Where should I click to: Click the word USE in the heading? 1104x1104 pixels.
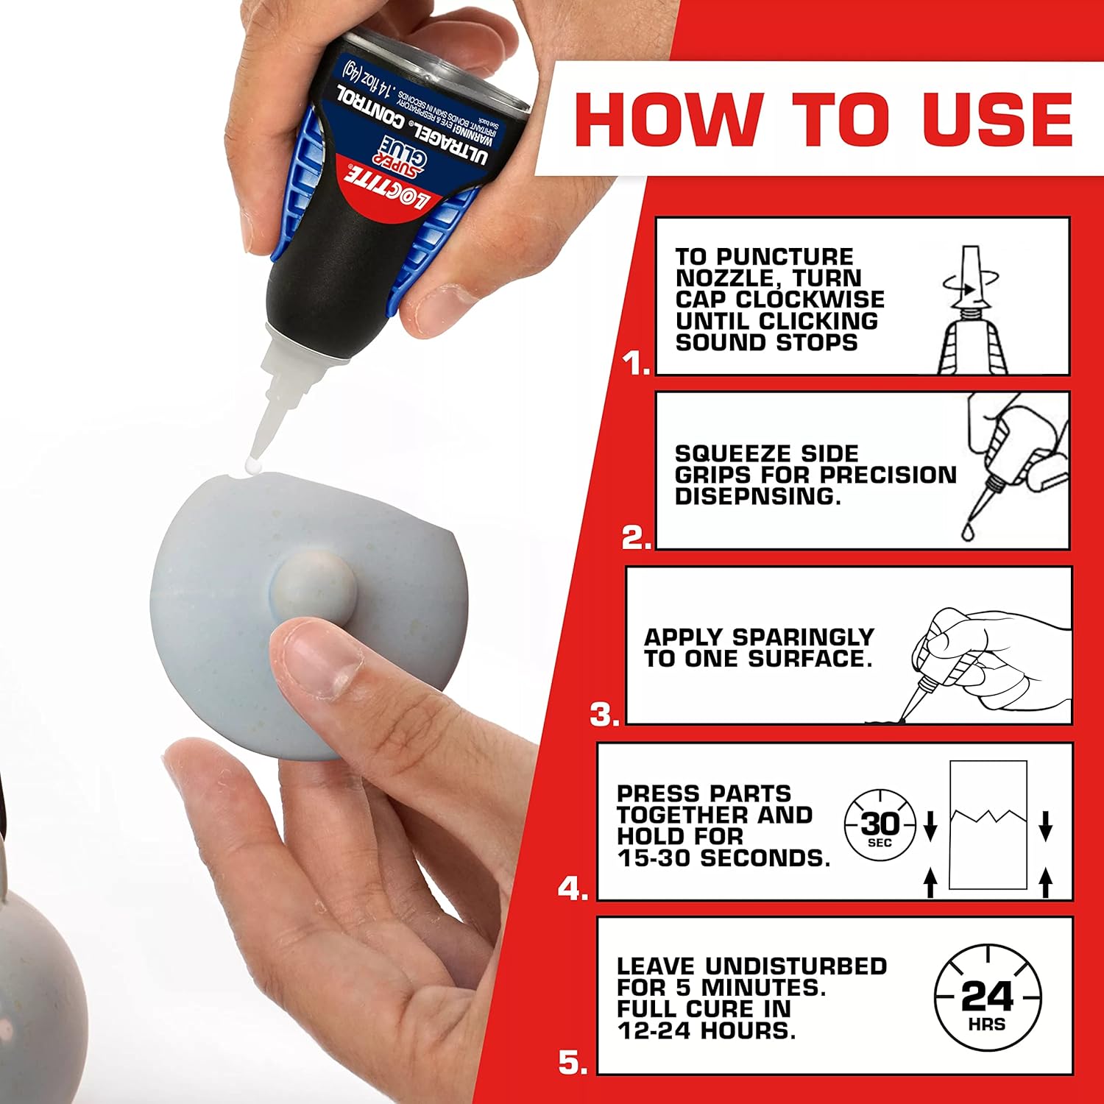pos(997,119)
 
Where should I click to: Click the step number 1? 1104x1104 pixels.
pos(635,363)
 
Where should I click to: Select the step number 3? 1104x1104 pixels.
pos(604,715)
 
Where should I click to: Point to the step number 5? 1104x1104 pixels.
pos(573,1063)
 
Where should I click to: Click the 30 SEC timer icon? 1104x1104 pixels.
pos(880,826)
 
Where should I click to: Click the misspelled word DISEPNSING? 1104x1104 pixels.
pos(757,497)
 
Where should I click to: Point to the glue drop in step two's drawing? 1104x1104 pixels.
pos(967,531)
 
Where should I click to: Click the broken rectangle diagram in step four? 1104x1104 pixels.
pos(988,825)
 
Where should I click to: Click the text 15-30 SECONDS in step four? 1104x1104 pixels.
pos(723,858)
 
